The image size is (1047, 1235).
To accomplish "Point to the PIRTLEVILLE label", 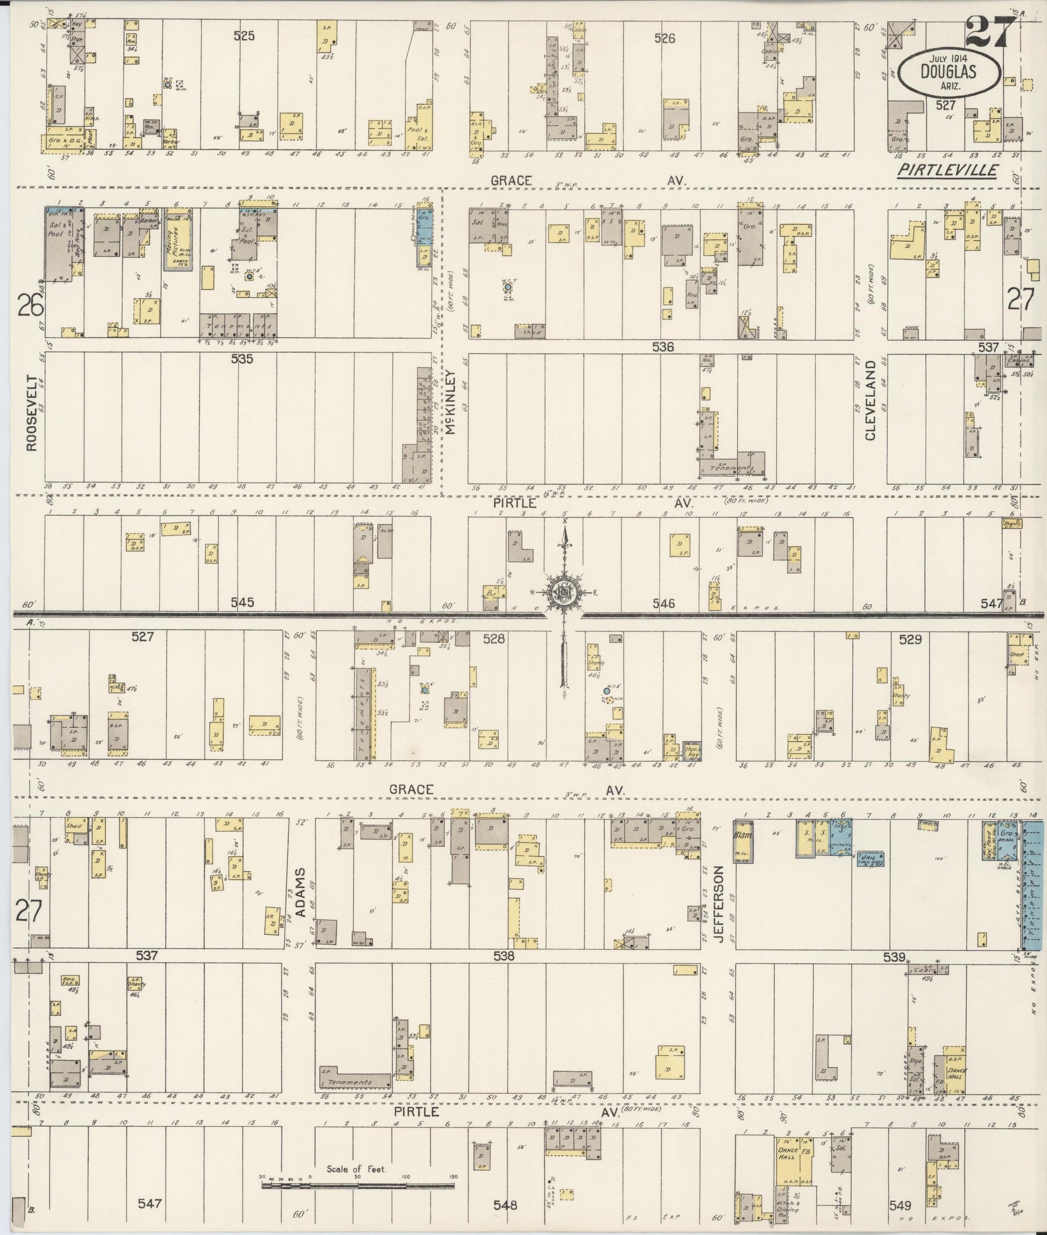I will (947, 171).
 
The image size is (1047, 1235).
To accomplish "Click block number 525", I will (243, 36).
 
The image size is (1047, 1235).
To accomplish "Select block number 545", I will (242, 602).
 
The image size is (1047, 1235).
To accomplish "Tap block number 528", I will (494, 638).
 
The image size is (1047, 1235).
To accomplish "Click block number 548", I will (505, 1205).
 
